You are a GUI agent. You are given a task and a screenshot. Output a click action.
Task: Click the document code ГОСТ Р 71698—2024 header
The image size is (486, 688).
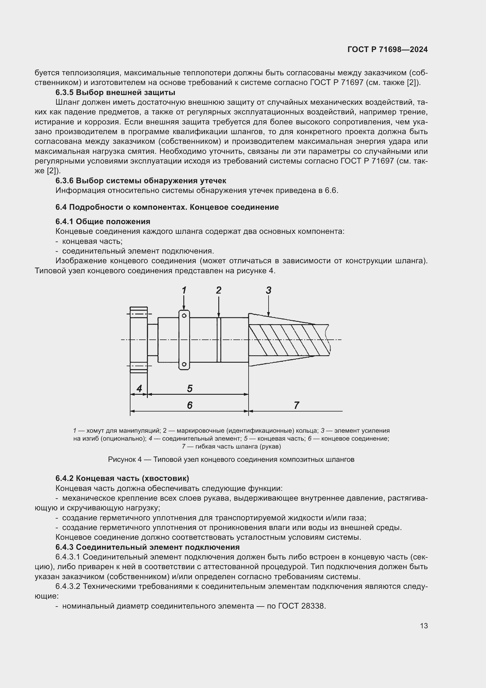[388, 49]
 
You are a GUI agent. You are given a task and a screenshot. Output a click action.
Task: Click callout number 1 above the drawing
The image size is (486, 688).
[184, 290]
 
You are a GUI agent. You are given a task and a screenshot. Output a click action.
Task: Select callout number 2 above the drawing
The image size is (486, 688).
[219, 290]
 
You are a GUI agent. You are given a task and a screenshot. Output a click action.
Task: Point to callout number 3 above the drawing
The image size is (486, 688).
[269, 290]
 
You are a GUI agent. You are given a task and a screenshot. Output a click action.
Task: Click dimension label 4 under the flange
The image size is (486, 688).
[139, 389]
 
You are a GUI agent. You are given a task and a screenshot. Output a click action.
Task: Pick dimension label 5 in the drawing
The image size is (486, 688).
[190, 389]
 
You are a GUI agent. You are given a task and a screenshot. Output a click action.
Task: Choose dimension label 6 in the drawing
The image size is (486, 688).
[190, 405]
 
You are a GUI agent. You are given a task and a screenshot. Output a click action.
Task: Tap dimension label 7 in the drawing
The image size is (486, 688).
[296, 405]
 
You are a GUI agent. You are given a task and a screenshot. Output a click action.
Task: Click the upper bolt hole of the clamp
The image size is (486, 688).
[184, 316]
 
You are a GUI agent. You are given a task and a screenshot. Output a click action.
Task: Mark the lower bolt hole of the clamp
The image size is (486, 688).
[184, 364]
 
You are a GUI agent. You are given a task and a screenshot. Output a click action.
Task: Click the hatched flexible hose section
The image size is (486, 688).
[287, 340]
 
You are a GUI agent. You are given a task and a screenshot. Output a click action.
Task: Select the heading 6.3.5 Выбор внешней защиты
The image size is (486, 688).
[115, 92]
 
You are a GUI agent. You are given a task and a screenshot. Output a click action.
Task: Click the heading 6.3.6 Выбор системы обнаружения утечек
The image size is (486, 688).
[141, 181]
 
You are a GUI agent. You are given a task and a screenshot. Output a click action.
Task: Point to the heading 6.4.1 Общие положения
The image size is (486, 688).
[103, 221]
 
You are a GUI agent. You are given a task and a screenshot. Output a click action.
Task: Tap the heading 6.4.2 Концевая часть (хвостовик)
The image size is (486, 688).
[122, 478]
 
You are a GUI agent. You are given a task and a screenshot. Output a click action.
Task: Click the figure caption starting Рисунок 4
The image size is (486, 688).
[231, 459]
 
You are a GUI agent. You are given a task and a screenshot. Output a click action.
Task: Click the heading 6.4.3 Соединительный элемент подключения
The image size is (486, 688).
[147, 547]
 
